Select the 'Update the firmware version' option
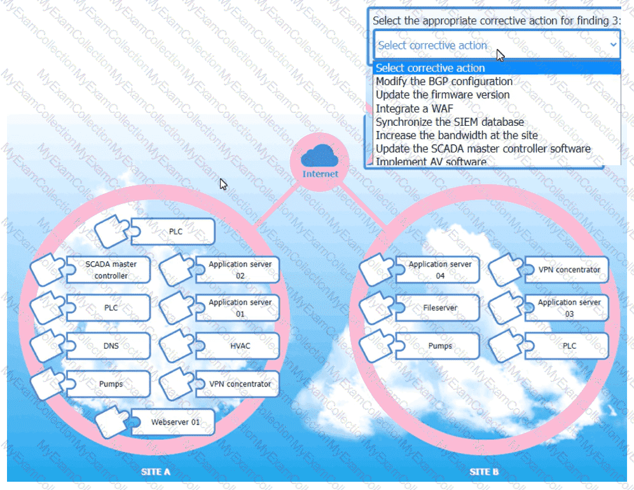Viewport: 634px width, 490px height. pyautogui.click(x=443, y=95)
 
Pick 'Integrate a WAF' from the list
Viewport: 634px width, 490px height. pyautogui.click(x=415, y=109)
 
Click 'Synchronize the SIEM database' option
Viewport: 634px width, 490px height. pyautogui.click(x=450, y=122)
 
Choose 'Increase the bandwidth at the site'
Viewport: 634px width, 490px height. pyautogui.click(x=457, y=135)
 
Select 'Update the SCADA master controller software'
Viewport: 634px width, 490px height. pyautogui.click(x=483, y=149)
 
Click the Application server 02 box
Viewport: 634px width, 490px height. pyautogui.click(x=240, y=269)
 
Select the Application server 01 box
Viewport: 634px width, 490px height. pyautogui.click(x=240, y=308)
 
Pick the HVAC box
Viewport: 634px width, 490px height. pyautogui.click(x=240, y=346)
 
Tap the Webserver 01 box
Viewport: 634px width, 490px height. pyautogui.click(x=175, y=422)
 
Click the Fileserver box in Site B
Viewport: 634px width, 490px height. pyautogui.click(x=440, y=308)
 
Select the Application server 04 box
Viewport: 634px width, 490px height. pyautogui.click(x=440, y=269)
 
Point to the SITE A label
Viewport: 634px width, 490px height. pyautogui.click(x=156, y=472)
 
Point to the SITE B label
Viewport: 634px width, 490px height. pyautogui.click(x=484, y=472)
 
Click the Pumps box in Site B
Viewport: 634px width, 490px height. pyautogui.click(x=440, y=346)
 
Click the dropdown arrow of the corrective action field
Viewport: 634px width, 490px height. pyautogui.click(x=612, y=44)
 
